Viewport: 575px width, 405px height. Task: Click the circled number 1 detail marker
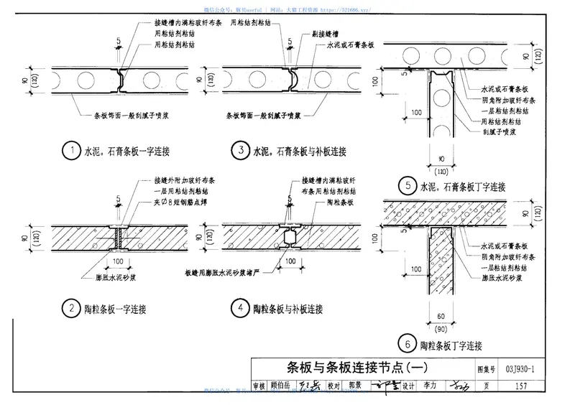[x=71, y=151]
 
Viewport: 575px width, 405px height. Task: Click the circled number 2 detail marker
[x=71, y=309]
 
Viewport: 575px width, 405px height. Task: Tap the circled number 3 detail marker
[x=238, y=151]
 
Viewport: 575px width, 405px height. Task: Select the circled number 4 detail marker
[x=238, y=309]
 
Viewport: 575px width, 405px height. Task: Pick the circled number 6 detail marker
[x=409, y=345]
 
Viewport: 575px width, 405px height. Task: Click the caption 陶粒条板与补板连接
[x=287, y=310]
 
